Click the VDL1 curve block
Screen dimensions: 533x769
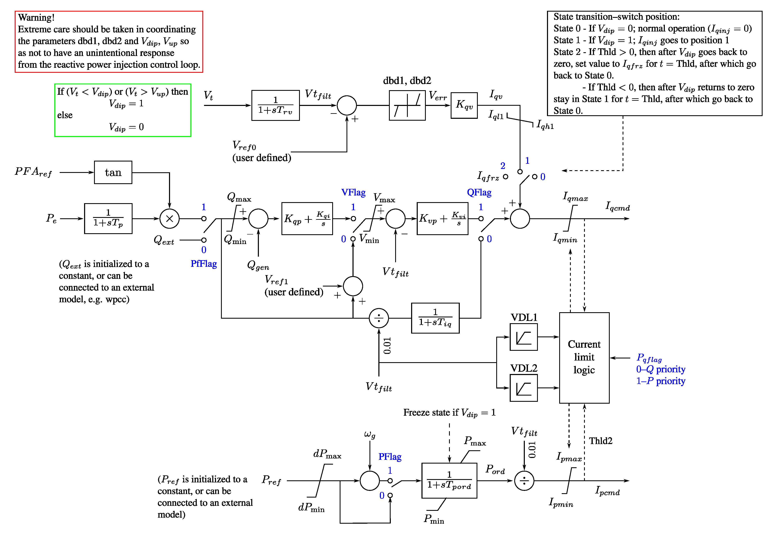pos(523,337)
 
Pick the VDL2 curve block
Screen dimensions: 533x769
pos(523,388)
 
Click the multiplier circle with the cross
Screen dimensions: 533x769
pos(169,219)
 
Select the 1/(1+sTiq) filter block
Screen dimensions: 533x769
pos(435,318)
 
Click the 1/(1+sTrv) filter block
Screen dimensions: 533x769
pos(275,105)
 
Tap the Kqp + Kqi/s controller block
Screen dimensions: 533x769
pos(307,219)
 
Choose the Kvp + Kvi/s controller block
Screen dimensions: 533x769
pos(442,219)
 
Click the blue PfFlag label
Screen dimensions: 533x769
pos(204,264)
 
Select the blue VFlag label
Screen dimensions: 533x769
pos(353,192)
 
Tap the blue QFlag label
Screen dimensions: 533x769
pos(479,192)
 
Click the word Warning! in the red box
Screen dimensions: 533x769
pos(36,17)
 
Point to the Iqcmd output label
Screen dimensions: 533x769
pos(618,207)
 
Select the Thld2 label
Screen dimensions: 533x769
pos(601,441)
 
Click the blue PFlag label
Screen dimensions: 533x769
pos(390,457)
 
